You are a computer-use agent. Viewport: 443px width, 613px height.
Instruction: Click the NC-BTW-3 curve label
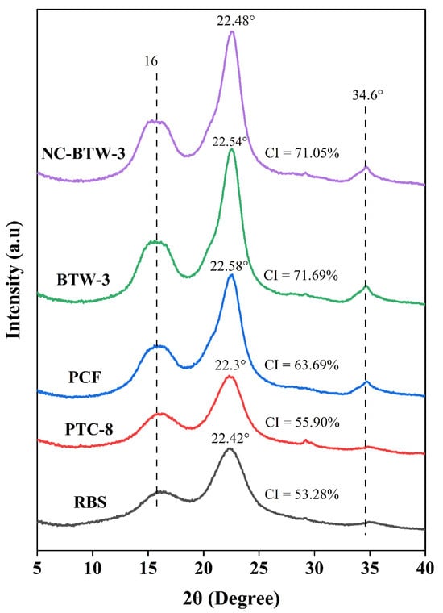pos(83,154)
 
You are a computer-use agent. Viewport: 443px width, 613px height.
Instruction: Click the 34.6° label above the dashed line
pos(366,94)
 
